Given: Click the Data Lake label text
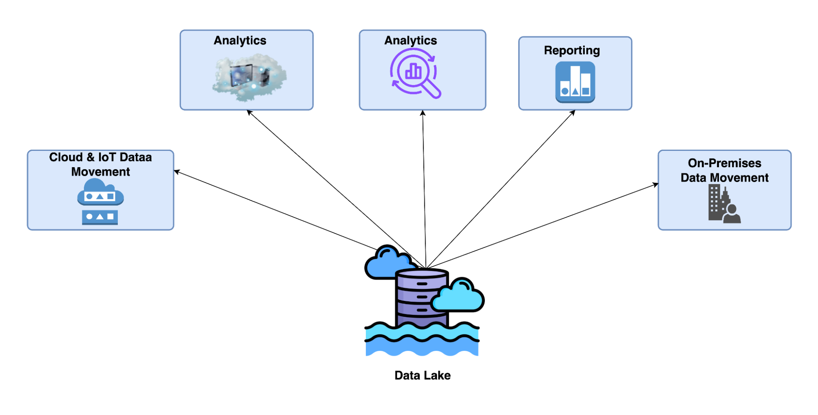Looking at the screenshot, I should click(x=422, y=375).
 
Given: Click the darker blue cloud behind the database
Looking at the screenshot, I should click(x=385, y=264).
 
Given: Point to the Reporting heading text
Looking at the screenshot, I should click(x=572, y=50).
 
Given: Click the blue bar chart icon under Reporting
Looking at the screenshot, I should click(x=575, y=82).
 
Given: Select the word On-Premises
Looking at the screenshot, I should click(x=724, y=163).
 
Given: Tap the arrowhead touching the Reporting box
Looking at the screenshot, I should click(x=573, y=112).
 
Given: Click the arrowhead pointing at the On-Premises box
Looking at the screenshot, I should click(x=656, y=184).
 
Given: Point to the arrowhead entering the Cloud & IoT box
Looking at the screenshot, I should click(x=176, y=171).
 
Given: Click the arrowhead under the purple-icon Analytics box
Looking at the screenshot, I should click(x=423, y=112).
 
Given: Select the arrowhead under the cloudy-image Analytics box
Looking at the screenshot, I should click(x=249, y=112).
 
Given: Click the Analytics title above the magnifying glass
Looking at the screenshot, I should click(x=410, y=40).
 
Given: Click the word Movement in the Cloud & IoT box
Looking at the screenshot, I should click(x=100, y=172).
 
